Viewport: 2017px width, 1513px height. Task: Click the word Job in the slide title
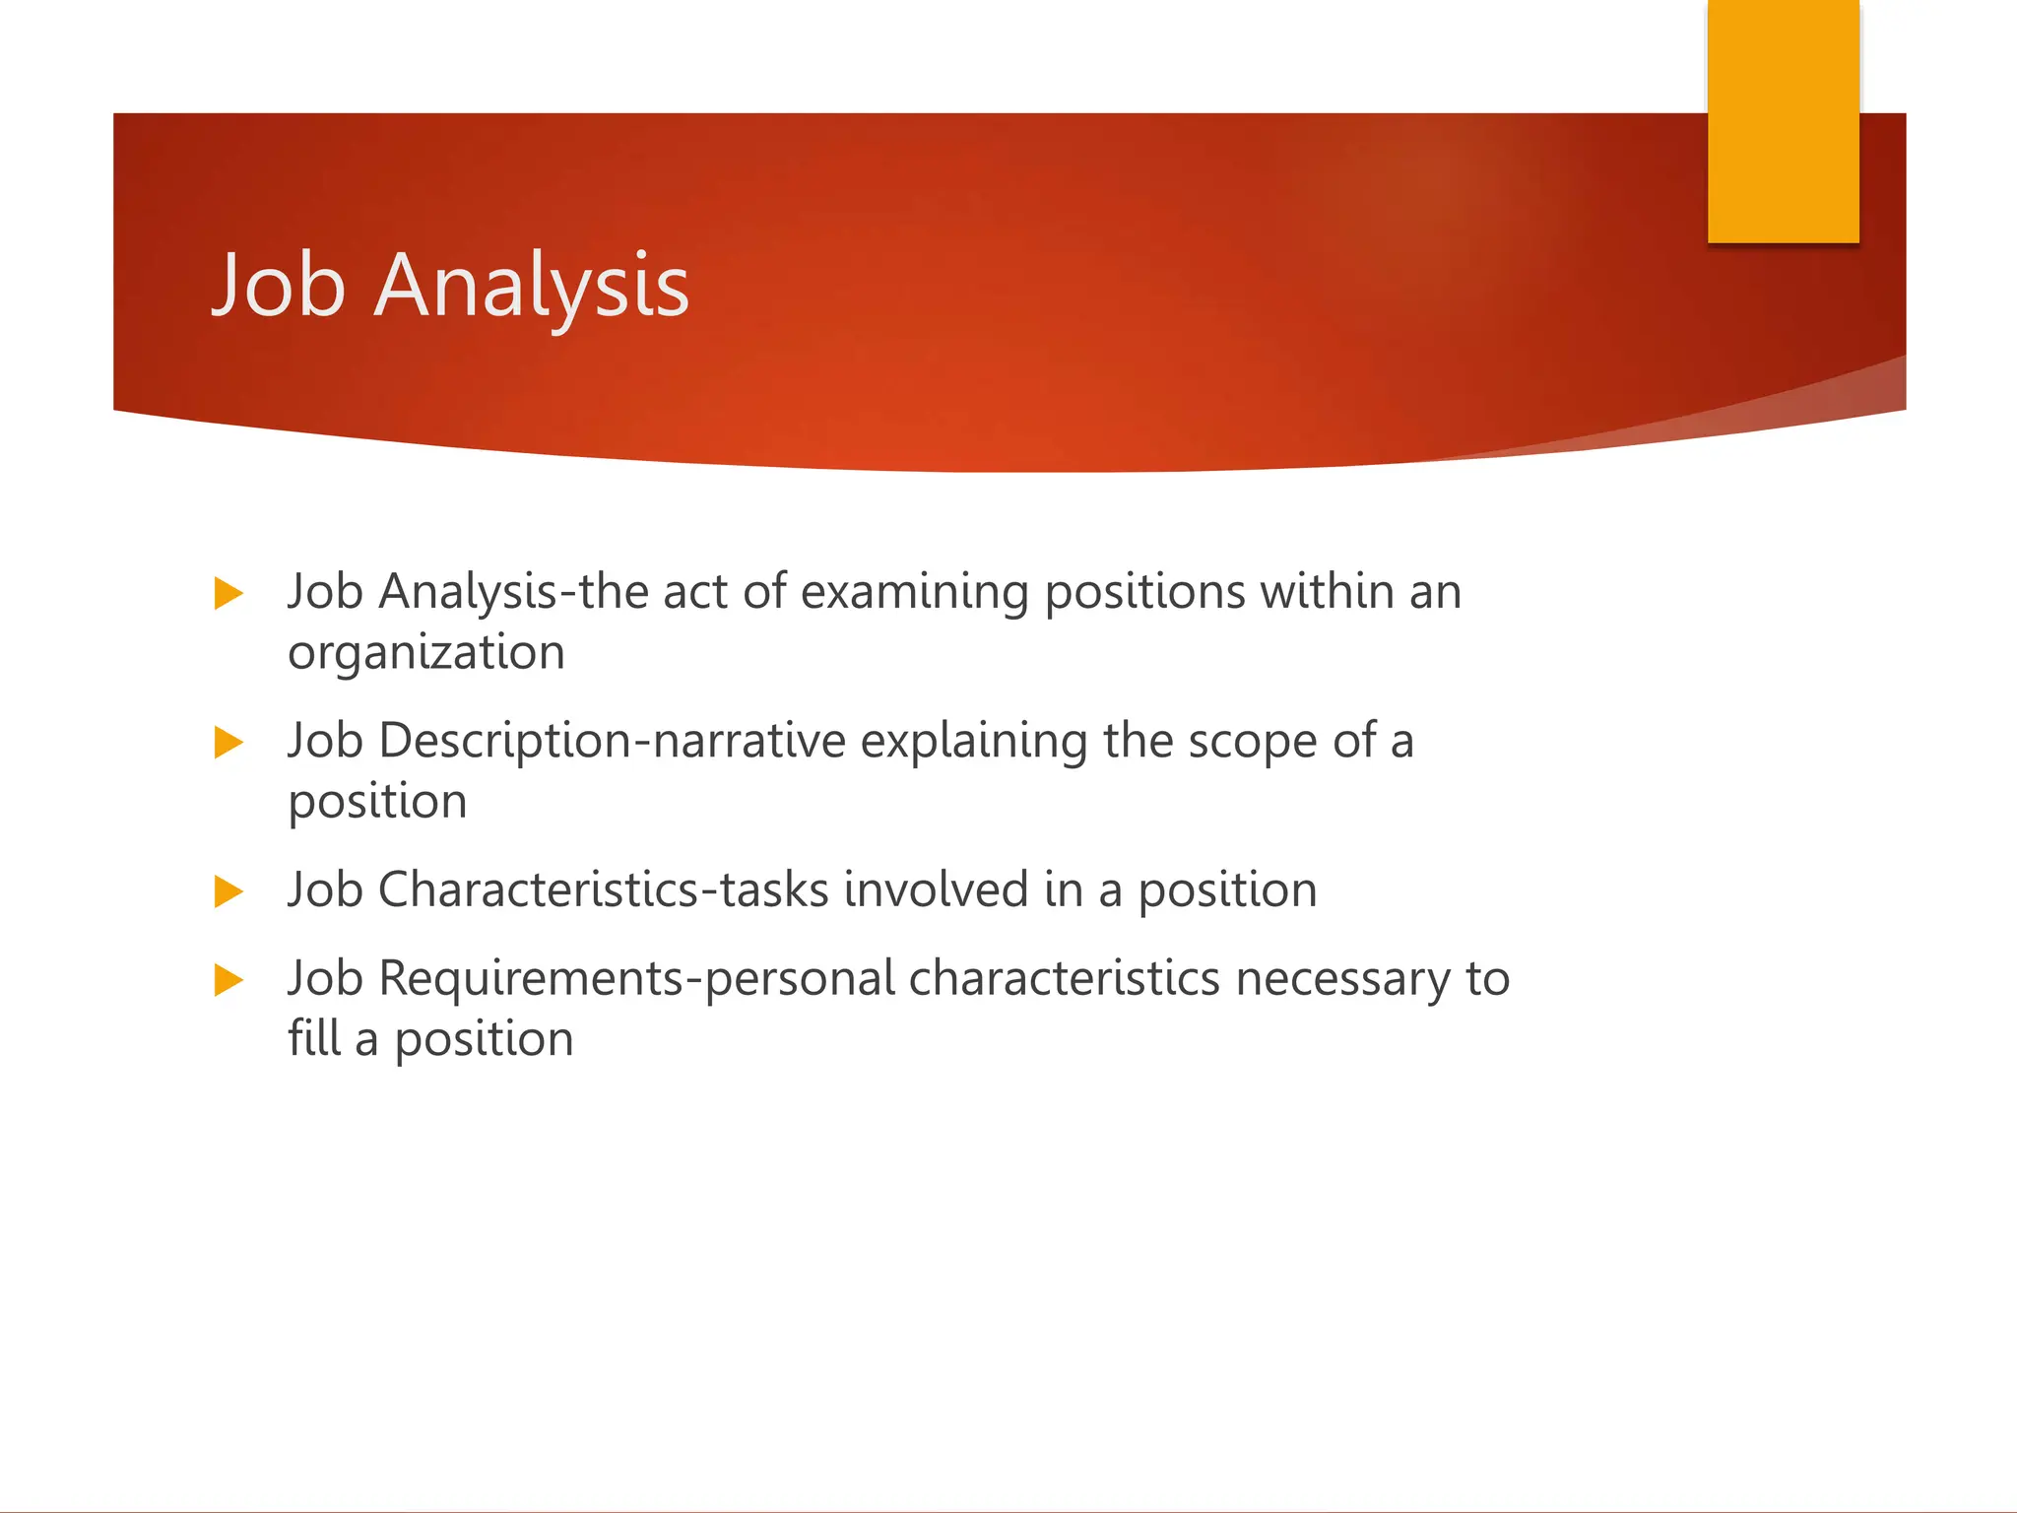point(280,287)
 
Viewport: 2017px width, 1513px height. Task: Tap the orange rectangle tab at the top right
point(1783,121)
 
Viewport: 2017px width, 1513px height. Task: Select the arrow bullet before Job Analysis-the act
point(228,594)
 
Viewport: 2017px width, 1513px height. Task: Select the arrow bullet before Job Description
point(228,743)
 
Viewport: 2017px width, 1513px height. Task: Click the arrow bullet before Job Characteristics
point(228,891)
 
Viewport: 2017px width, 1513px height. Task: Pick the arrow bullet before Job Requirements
point(228,980)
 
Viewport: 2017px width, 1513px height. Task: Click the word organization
point(425,654)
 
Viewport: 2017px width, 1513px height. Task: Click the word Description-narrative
point(612,742)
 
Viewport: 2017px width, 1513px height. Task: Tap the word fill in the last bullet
point(313,1039)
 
